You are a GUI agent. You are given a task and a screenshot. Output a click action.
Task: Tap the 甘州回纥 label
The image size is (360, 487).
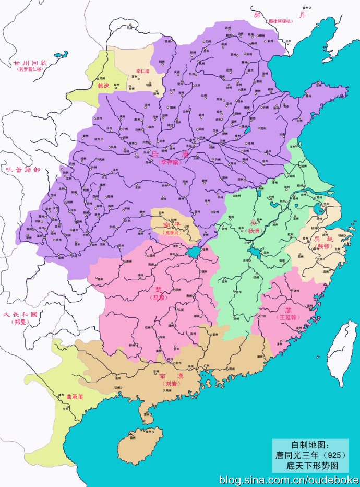pos(30,62)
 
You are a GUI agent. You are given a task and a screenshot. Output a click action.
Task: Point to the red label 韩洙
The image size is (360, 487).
pos(104,85)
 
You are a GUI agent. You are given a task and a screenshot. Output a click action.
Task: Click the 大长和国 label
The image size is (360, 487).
pos(20,315)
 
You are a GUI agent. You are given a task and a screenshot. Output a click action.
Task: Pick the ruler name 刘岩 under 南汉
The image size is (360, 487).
pos(171,383)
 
